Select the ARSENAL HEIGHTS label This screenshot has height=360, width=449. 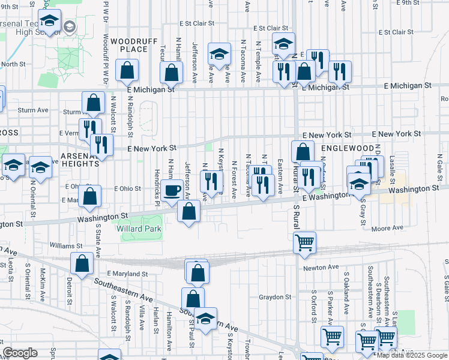(79, 158)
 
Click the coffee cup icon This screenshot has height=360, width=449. (172, 191)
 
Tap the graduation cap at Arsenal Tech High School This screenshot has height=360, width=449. (49, 20)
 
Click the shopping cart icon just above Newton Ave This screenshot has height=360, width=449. (305, 242)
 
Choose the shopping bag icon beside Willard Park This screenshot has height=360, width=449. (189, 211)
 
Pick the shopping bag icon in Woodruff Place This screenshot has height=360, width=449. (127, 70)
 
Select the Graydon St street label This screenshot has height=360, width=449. (275, 296)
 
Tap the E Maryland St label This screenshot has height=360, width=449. (128, 274)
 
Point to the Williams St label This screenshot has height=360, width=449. (66, 246)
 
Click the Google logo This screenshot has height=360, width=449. (20, 353)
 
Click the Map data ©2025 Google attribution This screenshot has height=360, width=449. (412, 355)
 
